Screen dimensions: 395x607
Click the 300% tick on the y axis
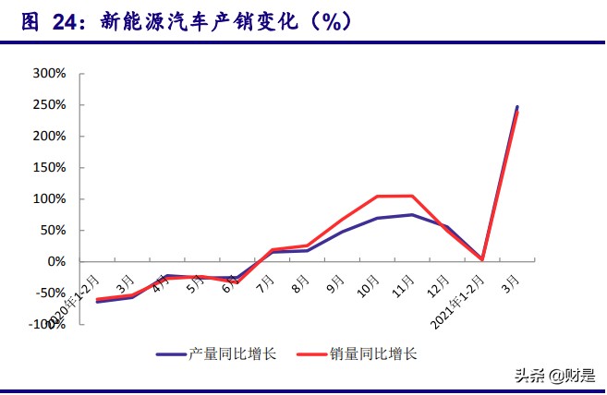[x=49, y=73]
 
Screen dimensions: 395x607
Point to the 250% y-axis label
[x=49, y=104]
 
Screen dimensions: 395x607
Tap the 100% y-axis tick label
[x=49, y=198]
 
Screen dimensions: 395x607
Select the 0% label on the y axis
[x=56, y=261]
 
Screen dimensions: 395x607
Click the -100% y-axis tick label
[x=46, y=324]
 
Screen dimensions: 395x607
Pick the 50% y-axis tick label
[x=53, y=230]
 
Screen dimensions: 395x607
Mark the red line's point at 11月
[x=412, y=196]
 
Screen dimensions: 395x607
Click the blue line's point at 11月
[x=412, y=214]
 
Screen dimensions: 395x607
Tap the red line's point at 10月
[x=377, y=197]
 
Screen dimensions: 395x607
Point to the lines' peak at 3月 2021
[x=517, y=108]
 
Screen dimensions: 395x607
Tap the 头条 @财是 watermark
[x=552, y=376]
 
